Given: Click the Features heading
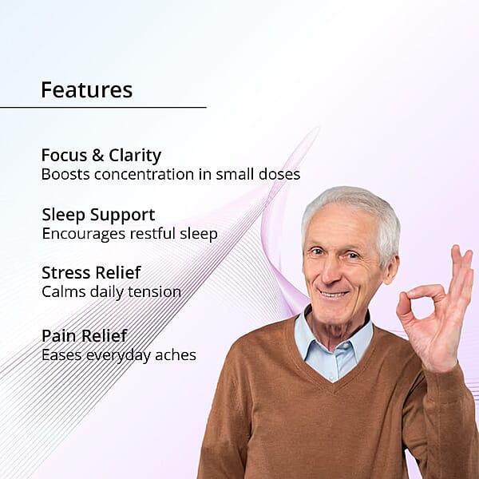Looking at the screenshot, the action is click(87, 89).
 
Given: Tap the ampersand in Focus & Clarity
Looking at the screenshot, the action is click(97, 155).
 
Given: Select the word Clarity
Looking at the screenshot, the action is click(135, 156).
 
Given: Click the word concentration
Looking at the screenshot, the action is click(144, 174).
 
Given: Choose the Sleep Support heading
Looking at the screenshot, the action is click(98, 216).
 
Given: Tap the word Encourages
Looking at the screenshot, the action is click(84, 235).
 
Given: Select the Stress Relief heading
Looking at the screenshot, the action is click(91, 272).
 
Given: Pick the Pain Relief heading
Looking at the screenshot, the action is click(85, 336).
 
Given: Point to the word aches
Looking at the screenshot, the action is click(176, 355).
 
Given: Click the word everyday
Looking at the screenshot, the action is click(118, 356).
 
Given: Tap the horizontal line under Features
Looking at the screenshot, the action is click(103, 107).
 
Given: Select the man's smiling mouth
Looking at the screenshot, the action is click(333, 294).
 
